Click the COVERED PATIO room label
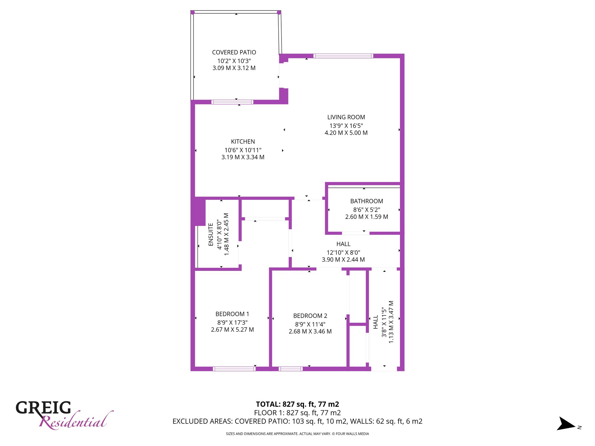click(234, 53)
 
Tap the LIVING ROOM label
click(346, 117)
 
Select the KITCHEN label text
click(243, 142)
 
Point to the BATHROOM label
click(367, 201)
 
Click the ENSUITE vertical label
click(211, 234)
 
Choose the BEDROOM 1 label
click(232, 314)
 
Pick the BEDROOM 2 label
click(310, 316)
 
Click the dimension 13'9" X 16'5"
click(346, 126)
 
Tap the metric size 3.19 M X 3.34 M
click(243, 157)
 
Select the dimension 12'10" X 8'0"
click(343, 253)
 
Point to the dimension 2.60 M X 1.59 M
click(367, 217)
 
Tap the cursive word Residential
click(76, 420)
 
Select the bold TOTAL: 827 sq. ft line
click(297, 404)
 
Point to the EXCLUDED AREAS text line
click(297, 421)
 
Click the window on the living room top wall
click(343, 56)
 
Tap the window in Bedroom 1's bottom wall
click(234, 369)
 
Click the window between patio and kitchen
click(232, 102)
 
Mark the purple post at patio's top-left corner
click(193, 12)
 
